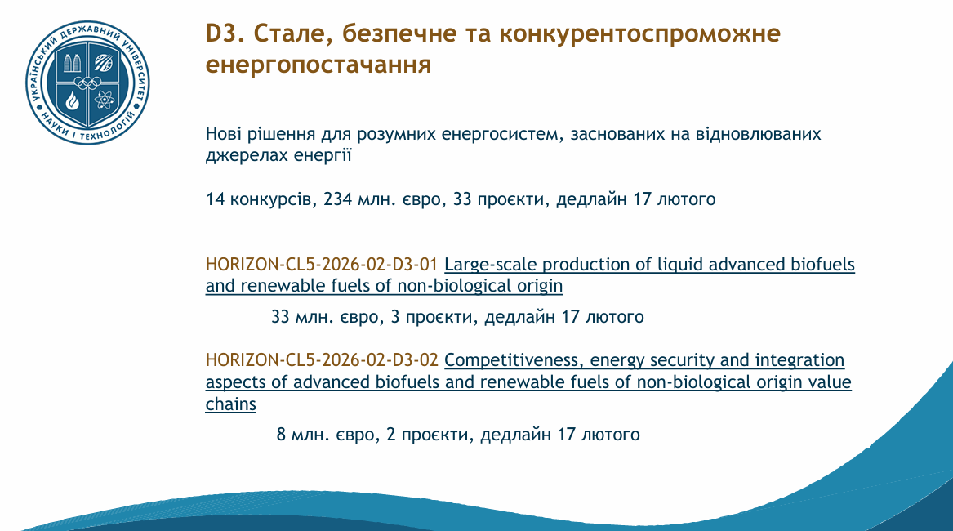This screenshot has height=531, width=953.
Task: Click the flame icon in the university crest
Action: click(x=73, y=100)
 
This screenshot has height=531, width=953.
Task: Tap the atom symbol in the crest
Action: click(x=105, y=100)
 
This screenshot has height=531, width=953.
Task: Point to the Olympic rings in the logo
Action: click(x=88, y=83)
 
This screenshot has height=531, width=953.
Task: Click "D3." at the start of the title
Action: click(x=225, y=33)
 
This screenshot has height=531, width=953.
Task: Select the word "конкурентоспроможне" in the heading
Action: click(x=639, y=34)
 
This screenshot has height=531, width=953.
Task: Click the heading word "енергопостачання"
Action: click(x=318, y=65)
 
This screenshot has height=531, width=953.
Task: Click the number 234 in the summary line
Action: click(x=337, y=199)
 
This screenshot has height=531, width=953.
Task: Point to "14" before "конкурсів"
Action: click(x=215, y=199)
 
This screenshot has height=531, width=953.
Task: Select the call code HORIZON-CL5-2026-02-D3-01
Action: click(x=322, y=265)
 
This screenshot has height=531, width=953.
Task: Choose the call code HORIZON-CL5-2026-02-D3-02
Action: click(x=322, y=360)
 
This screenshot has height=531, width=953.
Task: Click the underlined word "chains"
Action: click(x=231, y=404)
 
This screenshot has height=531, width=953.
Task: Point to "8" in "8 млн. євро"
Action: click(x=281, y=435)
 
